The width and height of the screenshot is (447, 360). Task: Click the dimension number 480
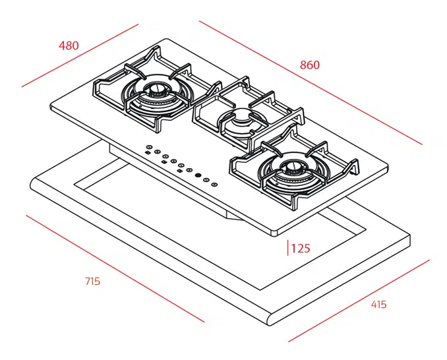point(69,45)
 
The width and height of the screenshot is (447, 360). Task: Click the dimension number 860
point(309,65)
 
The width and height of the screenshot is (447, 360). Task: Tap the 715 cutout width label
point(92,282)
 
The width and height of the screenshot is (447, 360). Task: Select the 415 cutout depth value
point(378,305)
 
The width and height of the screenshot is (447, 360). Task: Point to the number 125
point(301,249)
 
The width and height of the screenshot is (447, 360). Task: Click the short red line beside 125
point(287,248)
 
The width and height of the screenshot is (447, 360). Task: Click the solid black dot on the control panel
point(197,175)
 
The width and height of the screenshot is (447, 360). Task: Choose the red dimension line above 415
point(359,300)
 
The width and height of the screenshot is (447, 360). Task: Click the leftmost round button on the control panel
point(150,147)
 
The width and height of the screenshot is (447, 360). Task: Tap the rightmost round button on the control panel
point(214,184)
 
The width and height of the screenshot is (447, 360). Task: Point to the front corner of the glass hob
point(274,233)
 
